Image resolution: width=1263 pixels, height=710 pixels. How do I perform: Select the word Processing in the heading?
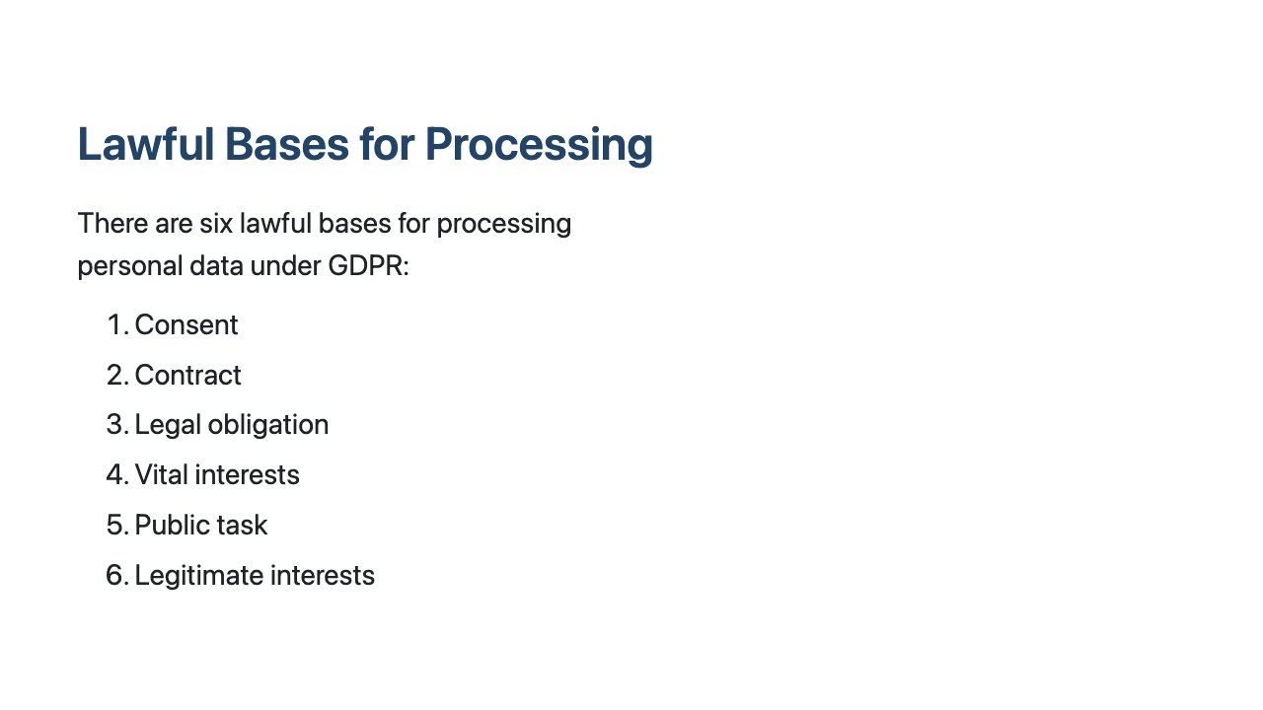[539, 144]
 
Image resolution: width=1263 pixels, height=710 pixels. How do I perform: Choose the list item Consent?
[186, 325]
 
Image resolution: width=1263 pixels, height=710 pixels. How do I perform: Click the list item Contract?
[187, 376]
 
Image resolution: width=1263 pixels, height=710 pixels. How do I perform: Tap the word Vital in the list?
[160, 475]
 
